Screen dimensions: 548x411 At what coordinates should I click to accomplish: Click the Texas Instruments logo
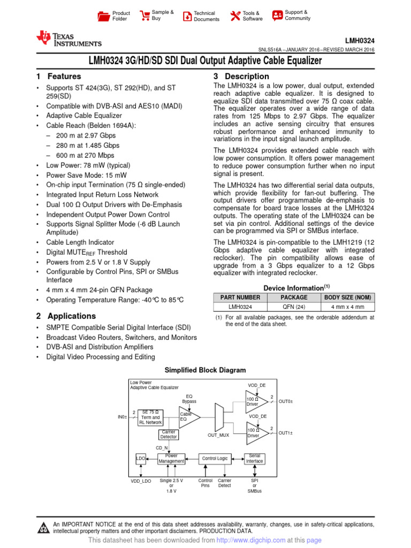68,39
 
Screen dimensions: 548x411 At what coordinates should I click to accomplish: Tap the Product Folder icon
103,16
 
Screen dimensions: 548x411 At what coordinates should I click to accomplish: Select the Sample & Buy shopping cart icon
144,16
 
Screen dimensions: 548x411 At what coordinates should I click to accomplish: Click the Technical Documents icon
187,16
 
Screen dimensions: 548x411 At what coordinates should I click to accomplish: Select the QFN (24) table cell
294,307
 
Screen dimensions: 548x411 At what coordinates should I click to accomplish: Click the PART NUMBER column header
240,297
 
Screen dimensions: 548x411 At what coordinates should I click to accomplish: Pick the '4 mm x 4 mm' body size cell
348,307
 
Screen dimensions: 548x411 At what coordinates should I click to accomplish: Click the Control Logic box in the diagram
215,459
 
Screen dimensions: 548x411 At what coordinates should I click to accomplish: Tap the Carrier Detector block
169,435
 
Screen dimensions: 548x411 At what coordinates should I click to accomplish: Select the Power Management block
171,459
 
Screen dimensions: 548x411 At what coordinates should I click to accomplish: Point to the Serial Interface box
255,459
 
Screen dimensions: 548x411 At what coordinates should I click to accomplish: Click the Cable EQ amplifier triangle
188,417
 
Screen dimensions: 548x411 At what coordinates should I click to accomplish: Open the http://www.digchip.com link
250,541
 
